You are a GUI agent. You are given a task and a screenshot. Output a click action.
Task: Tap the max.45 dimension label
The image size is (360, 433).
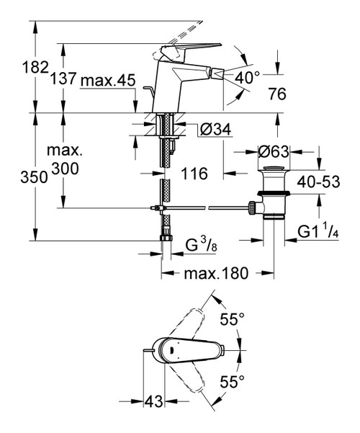[108, 81]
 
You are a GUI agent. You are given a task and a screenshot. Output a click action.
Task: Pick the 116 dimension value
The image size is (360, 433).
[195, 174]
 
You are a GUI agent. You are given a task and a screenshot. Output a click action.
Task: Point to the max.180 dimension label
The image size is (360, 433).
[215, 273]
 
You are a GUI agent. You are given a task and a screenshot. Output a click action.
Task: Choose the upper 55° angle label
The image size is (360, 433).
[233, 318]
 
